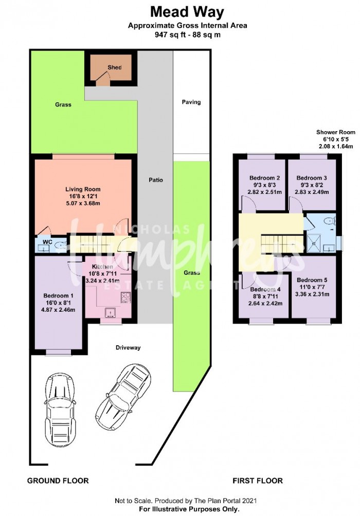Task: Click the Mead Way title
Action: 187,12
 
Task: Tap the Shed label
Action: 115,67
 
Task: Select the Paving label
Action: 191,102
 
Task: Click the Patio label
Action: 156,180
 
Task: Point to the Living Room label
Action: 83,189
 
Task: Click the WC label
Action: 48,242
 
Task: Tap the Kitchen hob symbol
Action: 125,297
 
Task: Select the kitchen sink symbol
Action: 110,313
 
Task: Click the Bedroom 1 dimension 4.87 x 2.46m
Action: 58,310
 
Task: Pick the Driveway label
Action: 128,347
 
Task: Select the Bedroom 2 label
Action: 264,178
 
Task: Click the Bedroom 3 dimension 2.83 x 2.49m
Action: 312,192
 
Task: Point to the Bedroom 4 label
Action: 265,290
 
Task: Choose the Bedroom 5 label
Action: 312,280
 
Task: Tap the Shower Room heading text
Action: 336,132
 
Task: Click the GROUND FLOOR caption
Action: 58,481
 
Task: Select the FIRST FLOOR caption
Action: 258,481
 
